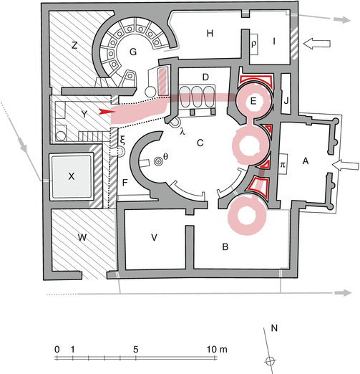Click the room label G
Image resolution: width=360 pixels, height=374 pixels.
tap(133, 52)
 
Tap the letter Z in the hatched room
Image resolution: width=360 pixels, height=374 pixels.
tap(74, 45)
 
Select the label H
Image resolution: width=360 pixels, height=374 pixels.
tap(210, 34)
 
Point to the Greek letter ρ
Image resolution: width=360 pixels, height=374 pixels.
tap(254, 44)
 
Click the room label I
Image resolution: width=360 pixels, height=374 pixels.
tap(274, 42)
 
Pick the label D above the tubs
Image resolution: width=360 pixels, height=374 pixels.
tap(205, 77)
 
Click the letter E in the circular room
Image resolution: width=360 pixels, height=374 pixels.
tap(253, 101)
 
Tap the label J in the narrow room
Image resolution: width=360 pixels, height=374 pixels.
tap(286, 101)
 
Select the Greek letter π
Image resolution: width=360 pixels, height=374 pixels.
tap(283, 165)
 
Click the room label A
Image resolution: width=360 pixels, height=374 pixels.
tap(306, 161)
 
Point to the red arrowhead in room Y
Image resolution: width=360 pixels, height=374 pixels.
tap(107, 112)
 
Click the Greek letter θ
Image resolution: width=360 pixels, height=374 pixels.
tap(165, 157)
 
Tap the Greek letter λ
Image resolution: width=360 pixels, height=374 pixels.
tap(183, 131)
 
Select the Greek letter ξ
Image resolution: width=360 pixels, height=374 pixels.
tap(122, 140)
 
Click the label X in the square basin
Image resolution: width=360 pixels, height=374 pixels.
tap(71, 176)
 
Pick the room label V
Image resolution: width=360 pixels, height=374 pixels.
tap(154, 237)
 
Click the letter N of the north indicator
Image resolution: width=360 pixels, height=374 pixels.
tap(274, 328)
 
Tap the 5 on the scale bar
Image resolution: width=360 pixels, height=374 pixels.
tap(135, 350)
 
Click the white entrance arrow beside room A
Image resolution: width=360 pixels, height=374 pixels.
tap(346, 166)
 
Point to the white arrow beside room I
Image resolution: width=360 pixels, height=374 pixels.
tap(317, 44)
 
